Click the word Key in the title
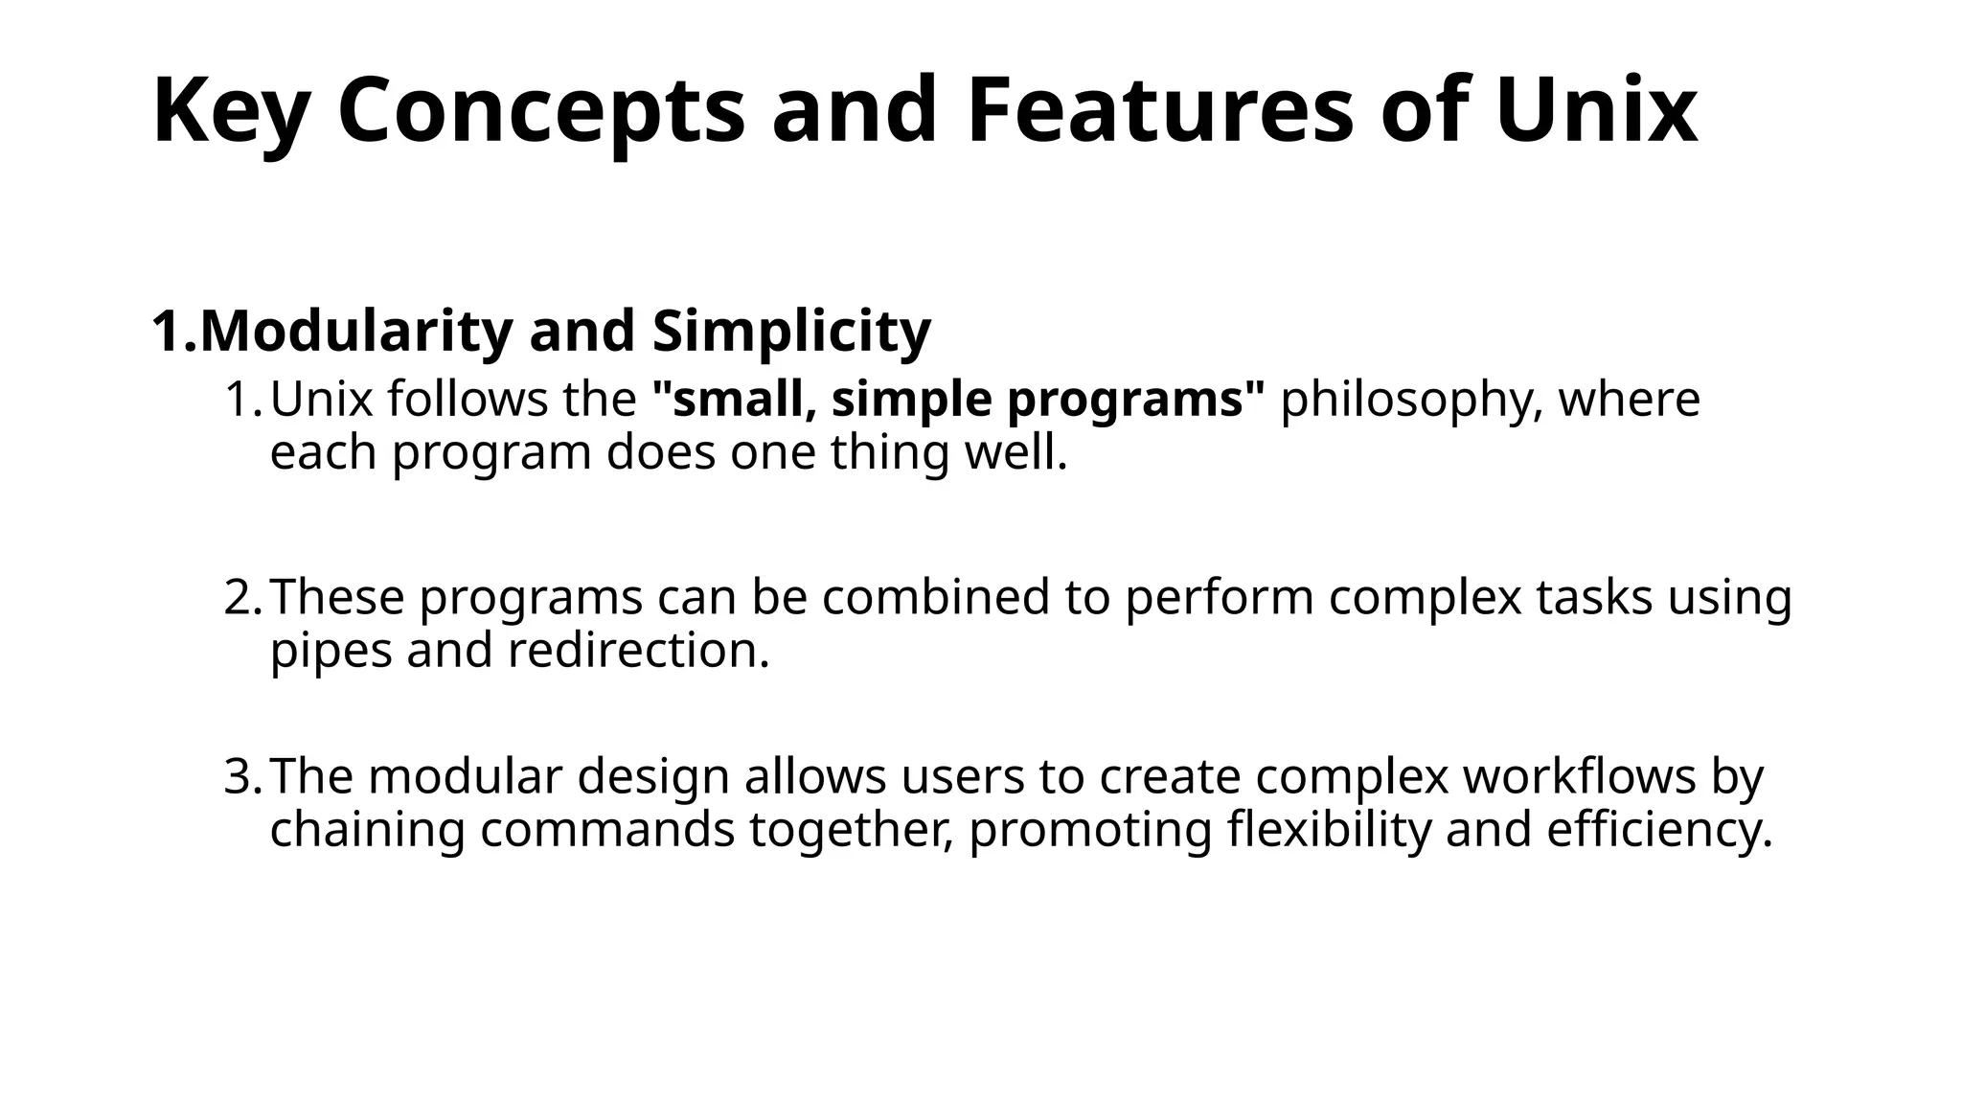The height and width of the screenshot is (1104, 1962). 230,113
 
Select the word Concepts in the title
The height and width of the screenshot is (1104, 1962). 541,113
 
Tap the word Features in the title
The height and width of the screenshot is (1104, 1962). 1160,111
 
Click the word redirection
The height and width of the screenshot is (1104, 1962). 638,650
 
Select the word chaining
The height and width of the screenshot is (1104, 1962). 367,830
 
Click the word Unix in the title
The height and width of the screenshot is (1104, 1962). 1596,111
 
